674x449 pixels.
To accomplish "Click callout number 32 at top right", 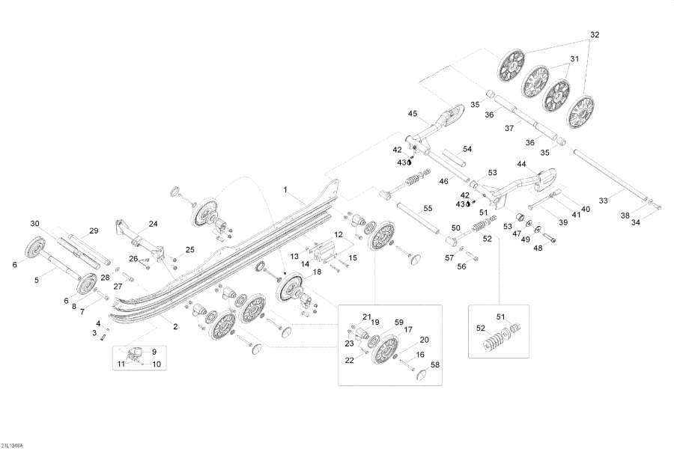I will (595, 35).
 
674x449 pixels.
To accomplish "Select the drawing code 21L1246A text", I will (13, 445).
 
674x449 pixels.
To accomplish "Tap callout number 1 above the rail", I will (285, 189).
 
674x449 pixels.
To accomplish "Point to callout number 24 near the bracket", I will (153, 223).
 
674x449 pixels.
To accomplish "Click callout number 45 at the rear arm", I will (412, 114).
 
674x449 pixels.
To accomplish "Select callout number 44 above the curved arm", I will (522, 164).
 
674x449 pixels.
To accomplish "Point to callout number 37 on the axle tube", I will (509, 128).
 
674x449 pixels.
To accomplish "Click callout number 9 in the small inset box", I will (154, 351).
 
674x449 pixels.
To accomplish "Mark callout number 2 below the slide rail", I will (176, 327).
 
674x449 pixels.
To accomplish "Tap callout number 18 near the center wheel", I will (317, 272).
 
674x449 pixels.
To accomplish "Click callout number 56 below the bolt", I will (461, 266).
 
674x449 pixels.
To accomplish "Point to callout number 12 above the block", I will (338, 234).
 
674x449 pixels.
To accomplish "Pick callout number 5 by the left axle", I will (35, 280).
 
